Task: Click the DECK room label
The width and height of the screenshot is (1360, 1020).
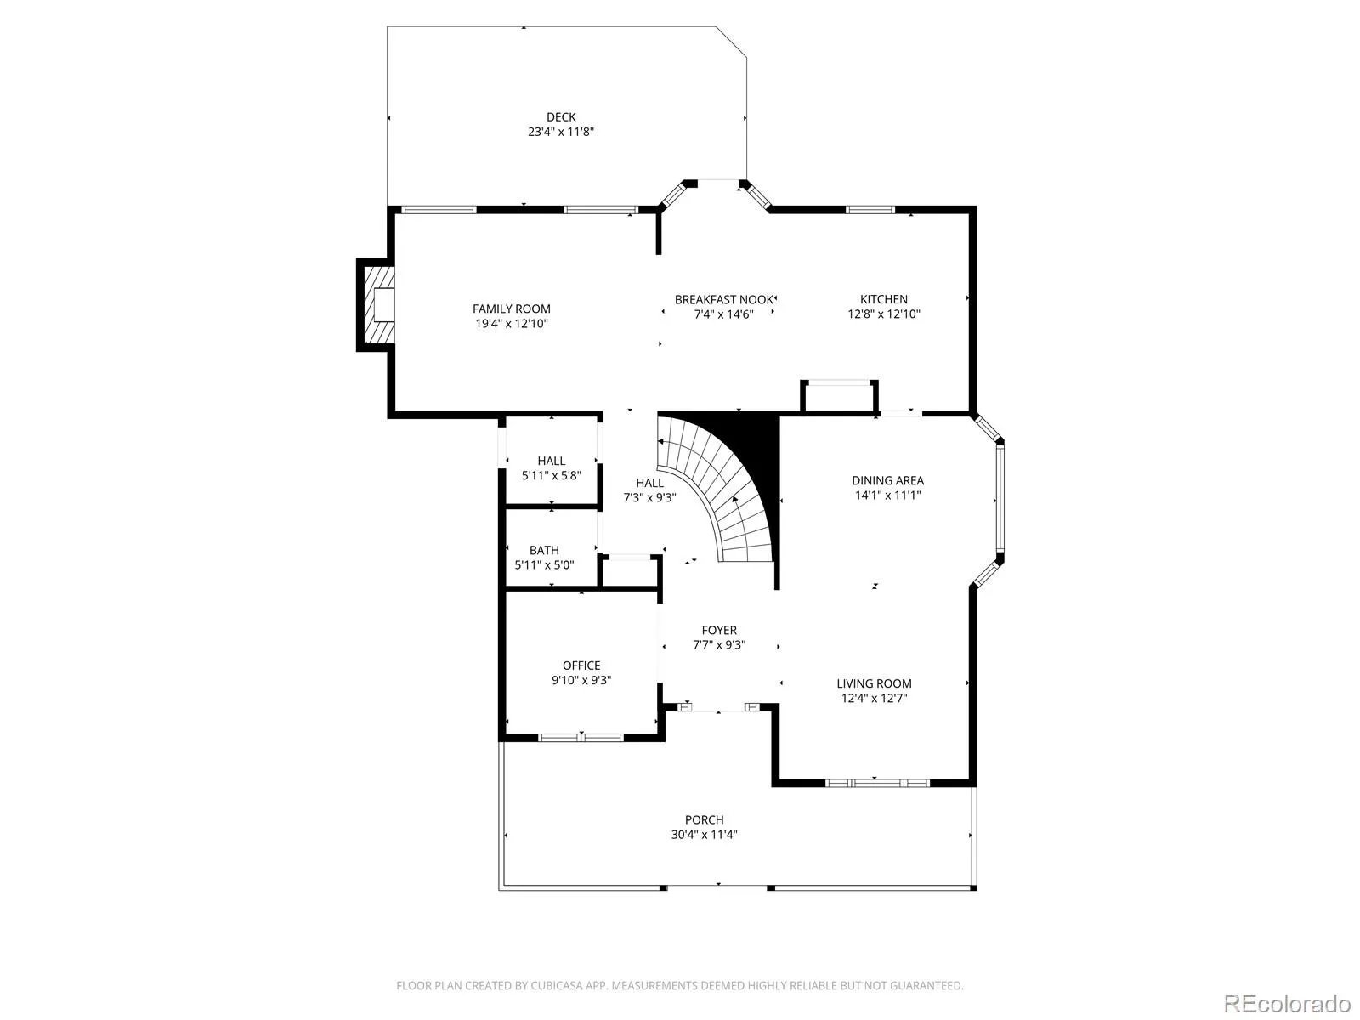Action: coord(561,117)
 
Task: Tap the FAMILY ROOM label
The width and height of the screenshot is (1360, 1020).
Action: coord(511,309)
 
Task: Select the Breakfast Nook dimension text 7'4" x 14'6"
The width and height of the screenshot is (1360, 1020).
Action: coord(723,314)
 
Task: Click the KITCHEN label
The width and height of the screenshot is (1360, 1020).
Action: coord(883,299)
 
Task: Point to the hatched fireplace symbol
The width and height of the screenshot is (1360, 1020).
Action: coord(378,304)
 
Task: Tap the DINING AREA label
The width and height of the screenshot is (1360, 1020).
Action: coord(888,480)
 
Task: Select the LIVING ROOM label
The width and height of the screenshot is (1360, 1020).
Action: coord(874,683)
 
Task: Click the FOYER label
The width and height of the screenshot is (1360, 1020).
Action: coord(719,631)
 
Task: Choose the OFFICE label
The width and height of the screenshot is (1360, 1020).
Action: coord(581,666)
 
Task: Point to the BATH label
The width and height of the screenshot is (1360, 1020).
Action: coord(544,551)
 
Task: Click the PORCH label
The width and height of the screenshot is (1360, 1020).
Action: coord(704,820)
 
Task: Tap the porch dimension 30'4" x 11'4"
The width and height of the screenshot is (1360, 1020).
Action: coord(704,835)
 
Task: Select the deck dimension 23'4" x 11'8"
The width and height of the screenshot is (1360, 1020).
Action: coord(561,132)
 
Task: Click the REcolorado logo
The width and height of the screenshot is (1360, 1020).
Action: coord(1288,1003)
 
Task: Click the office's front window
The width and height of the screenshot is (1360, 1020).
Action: coord(581,738)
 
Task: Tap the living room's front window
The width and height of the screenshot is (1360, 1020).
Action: coord(878,784)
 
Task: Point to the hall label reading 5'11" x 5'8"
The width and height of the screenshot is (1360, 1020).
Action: coord(552,476)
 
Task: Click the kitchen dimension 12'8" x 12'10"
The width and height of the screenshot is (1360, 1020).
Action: coord(883,314)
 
